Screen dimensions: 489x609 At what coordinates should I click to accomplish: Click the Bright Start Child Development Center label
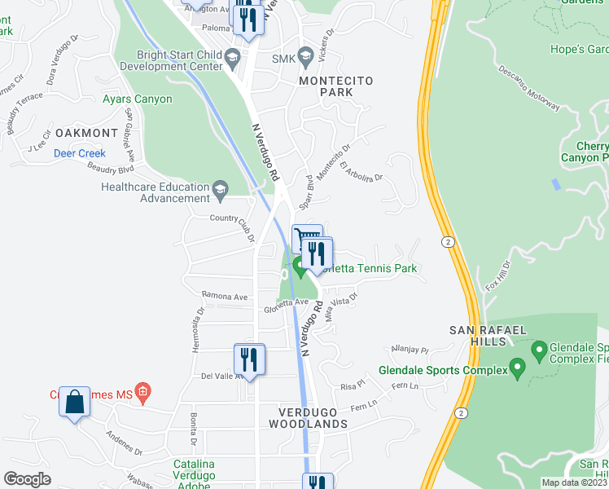[173, 59]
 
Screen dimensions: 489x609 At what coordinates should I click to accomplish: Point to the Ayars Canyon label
[138, 99]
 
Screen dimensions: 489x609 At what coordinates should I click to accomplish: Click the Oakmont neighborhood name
[87, 133]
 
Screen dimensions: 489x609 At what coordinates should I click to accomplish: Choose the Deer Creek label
[80, 153]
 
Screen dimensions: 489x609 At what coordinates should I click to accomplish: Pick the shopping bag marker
[74, 401]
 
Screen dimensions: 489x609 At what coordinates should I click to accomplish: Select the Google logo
[27, 479]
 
